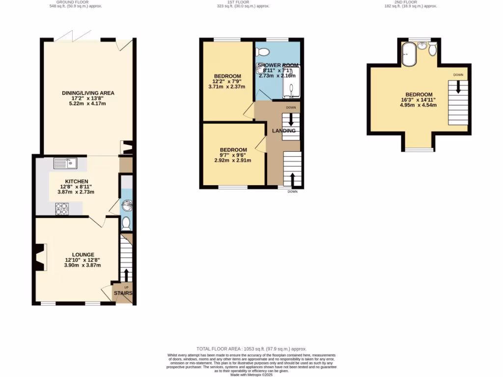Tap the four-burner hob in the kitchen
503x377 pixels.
click(x=62, y=209)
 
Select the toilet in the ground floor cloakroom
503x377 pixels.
click(x=126, y=224)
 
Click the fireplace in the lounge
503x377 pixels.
click(x=41, y=257)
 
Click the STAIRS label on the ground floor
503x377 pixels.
click(x=123, y=293)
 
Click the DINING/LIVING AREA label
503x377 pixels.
click(x=88, y=93)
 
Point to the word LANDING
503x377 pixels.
click(x=284, y=131)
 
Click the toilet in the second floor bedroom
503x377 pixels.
click(x=432, y=50)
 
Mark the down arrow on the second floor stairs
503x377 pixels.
click(x=458, y=88)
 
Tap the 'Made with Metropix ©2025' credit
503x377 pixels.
click(x=251, y=375)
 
